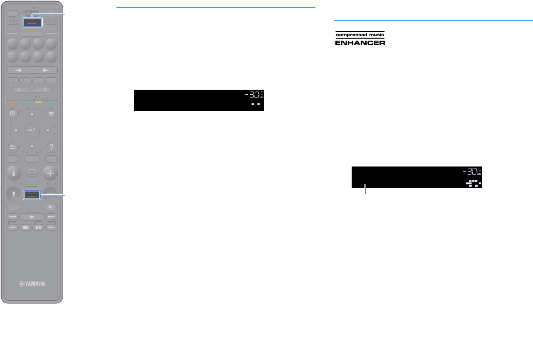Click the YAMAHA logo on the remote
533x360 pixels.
coord(32,284)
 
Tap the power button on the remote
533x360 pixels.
coord(51,12)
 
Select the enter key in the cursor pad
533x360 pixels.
coord(32,130)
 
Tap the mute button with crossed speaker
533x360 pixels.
coord(51,207)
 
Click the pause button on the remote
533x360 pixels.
coord(39,227)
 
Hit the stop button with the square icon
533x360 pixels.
coord(25,227)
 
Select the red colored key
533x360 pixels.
coord(12,101)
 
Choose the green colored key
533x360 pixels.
coord(25,101)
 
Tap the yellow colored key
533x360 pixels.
coord(39,101)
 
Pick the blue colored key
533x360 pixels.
coord(51,101)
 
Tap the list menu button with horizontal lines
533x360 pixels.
coord(51,113)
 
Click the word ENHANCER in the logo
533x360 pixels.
coord(360,42)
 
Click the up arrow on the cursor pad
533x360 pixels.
coord(32,113)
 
